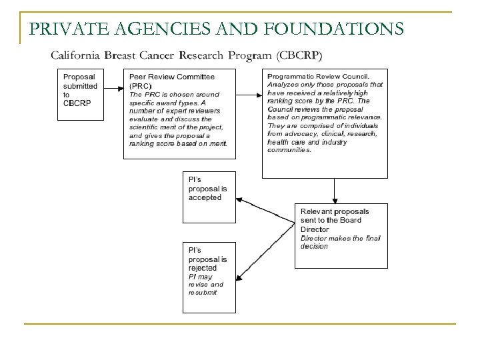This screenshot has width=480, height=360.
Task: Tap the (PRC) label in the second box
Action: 140,85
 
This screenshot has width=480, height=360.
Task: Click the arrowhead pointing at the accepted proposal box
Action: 241,199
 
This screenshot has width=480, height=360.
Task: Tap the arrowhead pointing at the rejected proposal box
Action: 241,257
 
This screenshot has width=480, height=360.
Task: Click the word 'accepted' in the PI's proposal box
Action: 205,198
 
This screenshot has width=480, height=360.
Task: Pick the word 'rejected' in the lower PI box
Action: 203,267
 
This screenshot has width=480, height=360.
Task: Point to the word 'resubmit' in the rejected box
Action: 203,293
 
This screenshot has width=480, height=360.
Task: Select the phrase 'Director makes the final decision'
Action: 331,242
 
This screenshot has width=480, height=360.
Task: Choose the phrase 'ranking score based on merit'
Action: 178,143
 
